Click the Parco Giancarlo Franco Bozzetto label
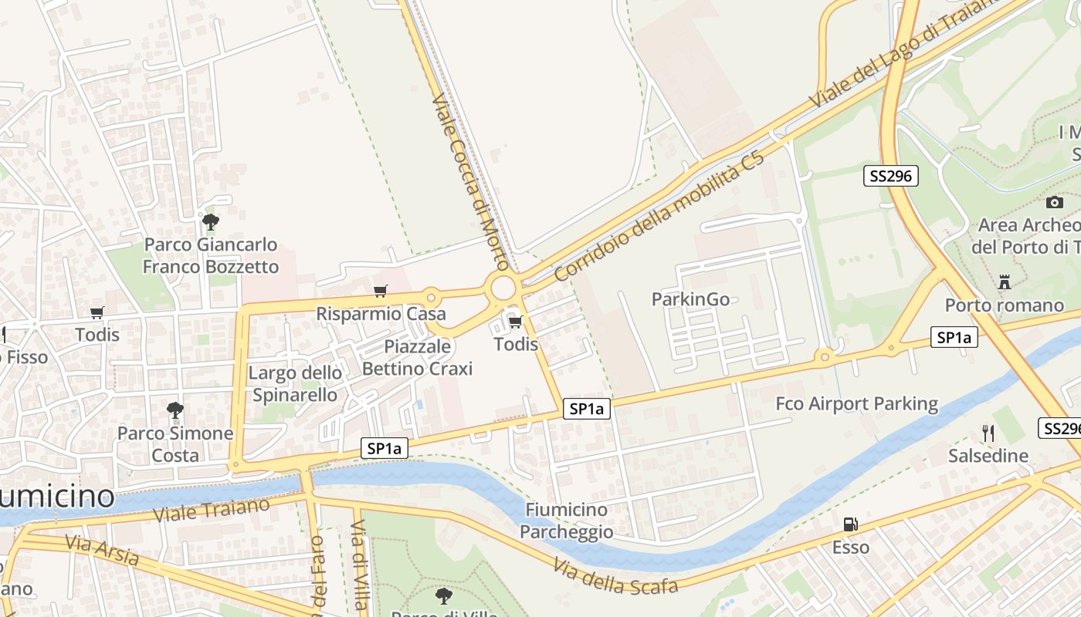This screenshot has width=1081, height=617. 211,256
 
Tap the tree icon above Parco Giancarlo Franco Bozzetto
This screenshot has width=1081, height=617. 210,223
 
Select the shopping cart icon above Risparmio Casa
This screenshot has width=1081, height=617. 380,291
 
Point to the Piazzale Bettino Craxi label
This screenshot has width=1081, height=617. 417,358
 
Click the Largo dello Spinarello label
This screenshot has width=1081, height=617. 294,384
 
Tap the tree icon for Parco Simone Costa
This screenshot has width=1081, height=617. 175,410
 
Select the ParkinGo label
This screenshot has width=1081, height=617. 690,299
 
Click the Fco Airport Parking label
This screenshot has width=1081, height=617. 856,403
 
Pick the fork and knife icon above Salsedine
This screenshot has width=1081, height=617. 988,433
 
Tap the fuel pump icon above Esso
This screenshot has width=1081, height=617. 850,524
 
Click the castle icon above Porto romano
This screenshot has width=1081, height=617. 1004,282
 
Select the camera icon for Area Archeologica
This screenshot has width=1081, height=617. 1054,202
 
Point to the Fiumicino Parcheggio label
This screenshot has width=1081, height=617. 567,521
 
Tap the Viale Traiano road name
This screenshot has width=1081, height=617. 212,510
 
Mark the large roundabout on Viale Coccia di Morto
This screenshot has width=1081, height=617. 503,288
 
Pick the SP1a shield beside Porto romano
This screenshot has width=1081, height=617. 954,337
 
